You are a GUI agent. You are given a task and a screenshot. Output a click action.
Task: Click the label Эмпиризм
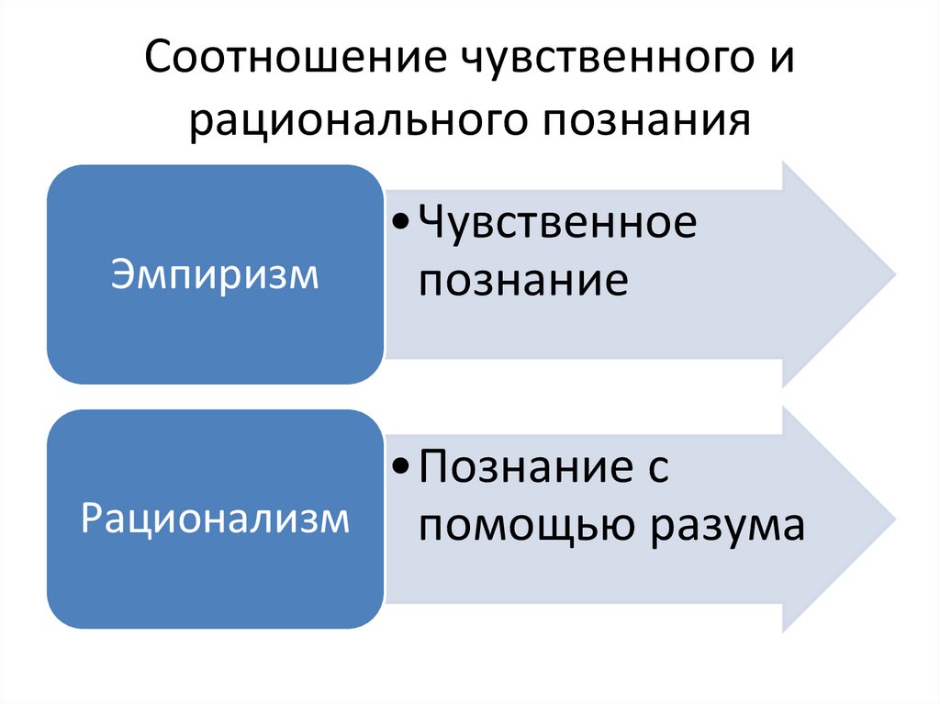(x=215, y=275)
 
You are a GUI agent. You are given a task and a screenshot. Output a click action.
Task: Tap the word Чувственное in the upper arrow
(x=557, y=224)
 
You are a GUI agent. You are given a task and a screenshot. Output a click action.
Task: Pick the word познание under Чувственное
(x=523, y=280)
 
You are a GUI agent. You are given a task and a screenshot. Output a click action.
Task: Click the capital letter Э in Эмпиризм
(x=121, y=274)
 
